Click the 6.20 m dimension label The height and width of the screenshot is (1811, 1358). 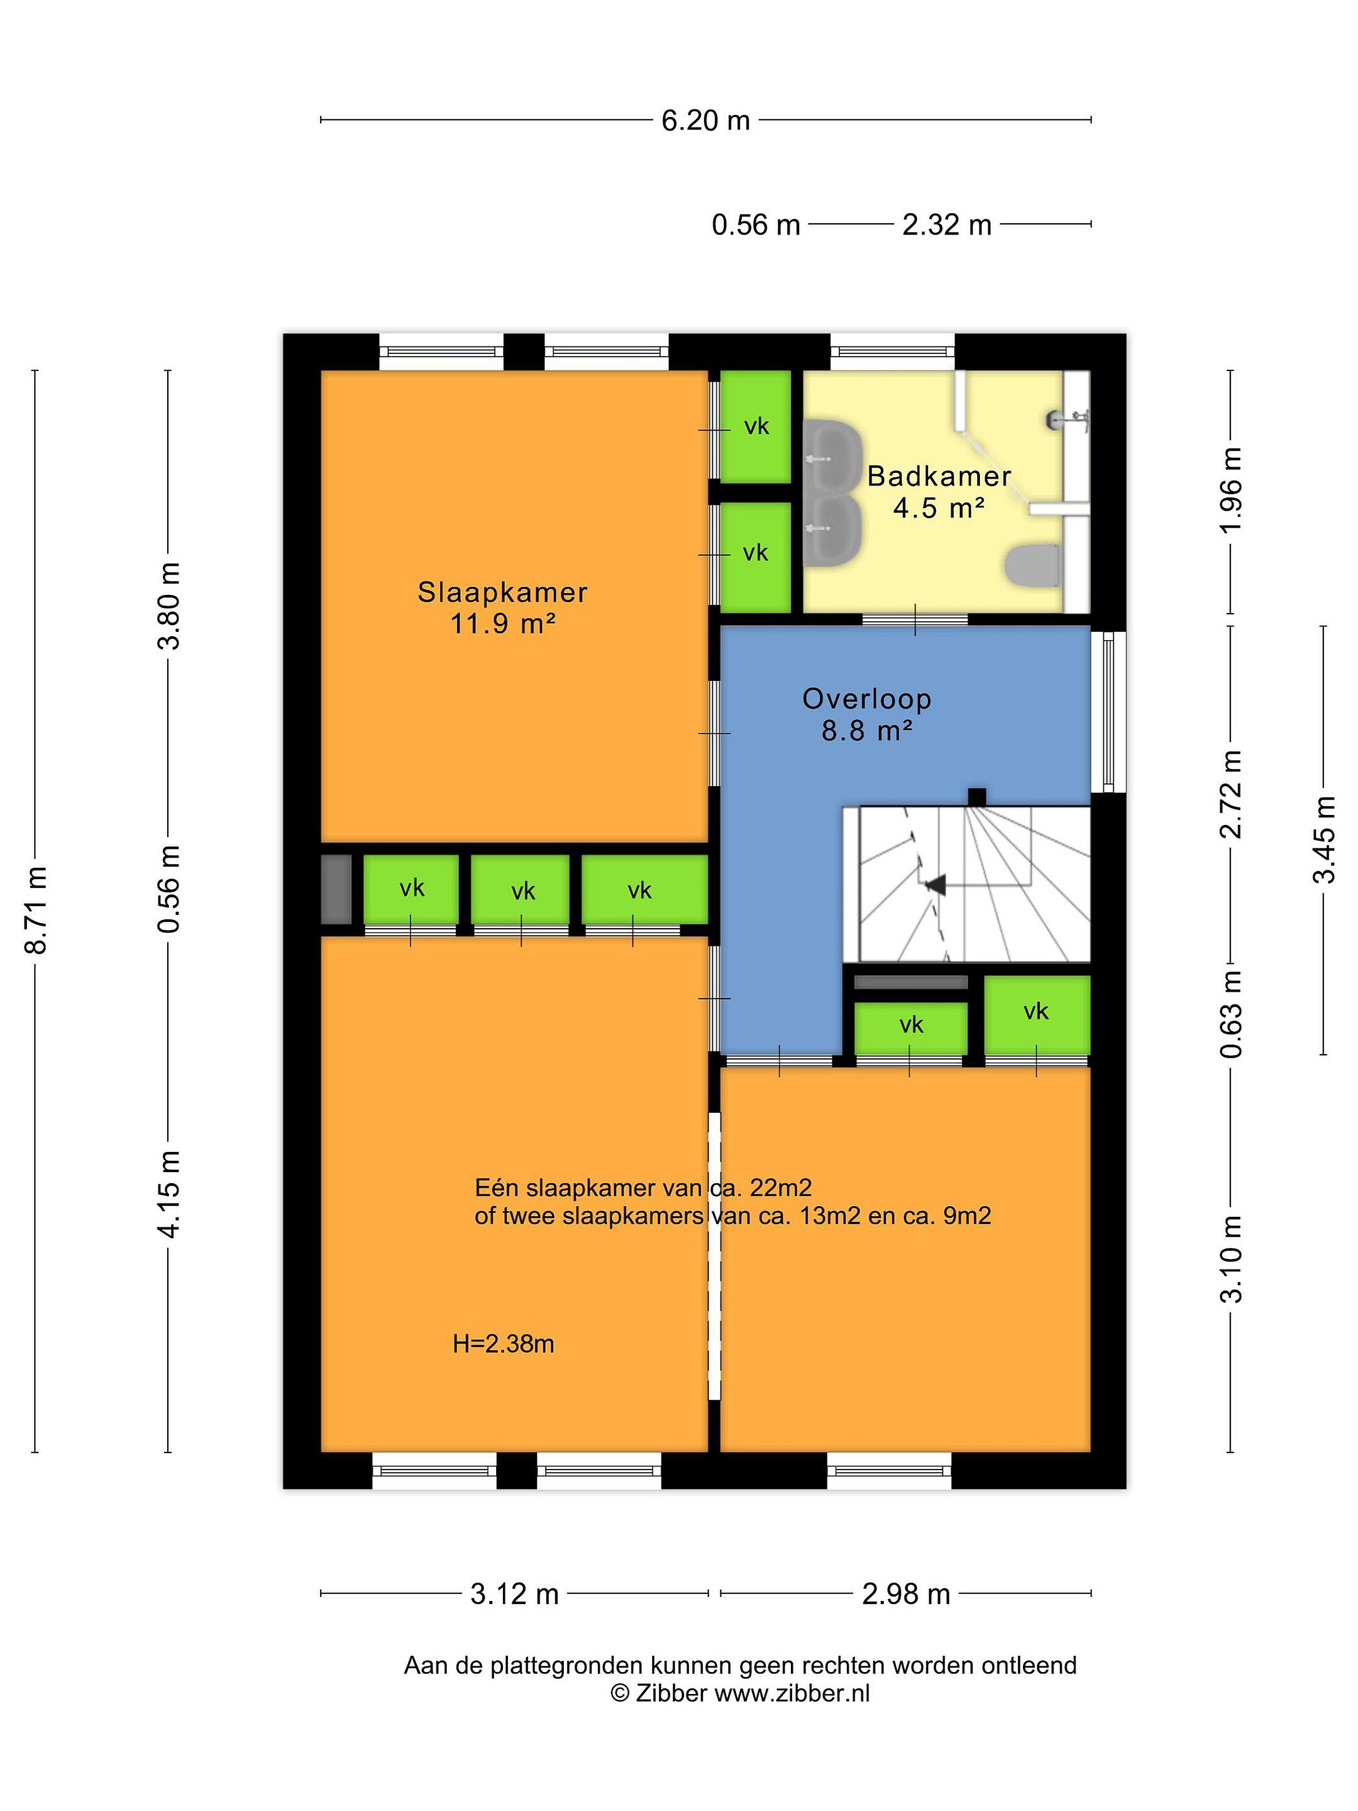[x=705, y=120]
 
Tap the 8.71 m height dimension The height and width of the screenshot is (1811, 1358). [x=36, y=909]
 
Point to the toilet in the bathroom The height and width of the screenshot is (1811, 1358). [x=1032, y=565]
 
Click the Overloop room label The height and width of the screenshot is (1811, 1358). [x=867, y=699]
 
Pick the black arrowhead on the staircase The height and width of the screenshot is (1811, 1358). [x=934, y=884]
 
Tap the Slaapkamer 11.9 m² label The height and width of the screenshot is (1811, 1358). [x=502, y=607]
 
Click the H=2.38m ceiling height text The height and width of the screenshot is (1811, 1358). [x=504, y=1344]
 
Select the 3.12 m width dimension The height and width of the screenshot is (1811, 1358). [x=514, y=1594]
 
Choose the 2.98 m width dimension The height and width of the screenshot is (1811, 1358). [x=905, y=1594]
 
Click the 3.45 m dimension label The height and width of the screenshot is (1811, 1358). [x=1323, y=839]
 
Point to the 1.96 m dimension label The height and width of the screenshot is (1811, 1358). [x=1231, y=490]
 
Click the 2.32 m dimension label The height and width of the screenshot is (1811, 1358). [x=946, y=224]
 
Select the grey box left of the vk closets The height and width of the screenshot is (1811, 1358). [x=336, y=889]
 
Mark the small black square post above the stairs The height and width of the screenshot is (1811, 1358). [x=976, y=797]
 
